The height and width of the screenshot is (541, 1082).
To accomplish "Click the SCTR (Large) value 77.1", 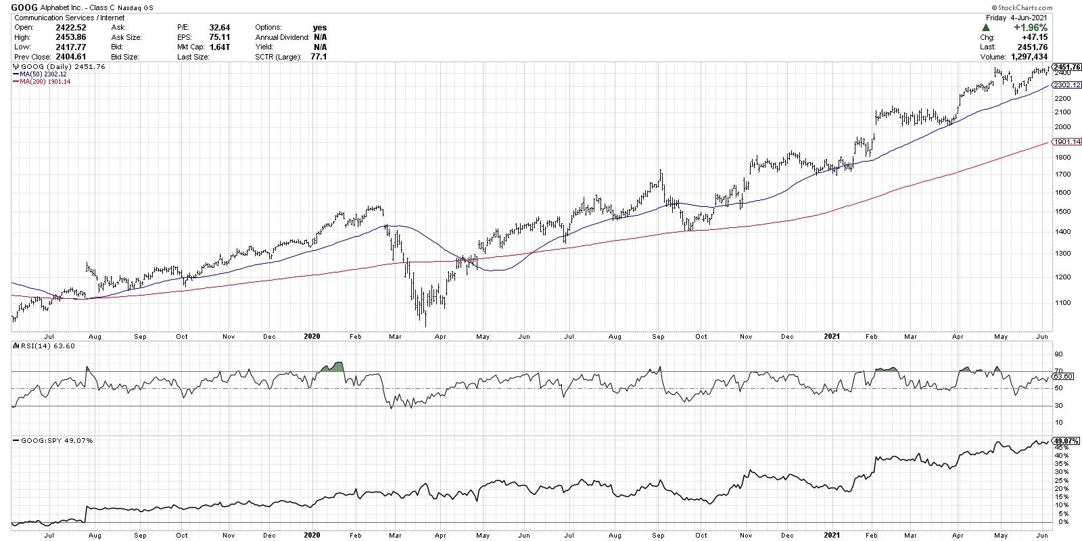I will [318, 57].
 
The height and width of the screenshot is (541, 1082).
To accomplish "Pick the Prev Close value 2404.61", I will [70, 57].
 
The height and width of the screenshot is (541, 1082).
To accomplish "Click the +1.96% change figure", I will [1029, 28].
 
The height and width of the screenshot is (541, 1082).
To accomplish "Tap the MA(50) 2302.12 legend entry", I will [43, 74].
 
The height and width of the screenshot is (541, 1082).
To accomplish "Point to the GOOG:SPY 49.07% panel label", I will [53, 441].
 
